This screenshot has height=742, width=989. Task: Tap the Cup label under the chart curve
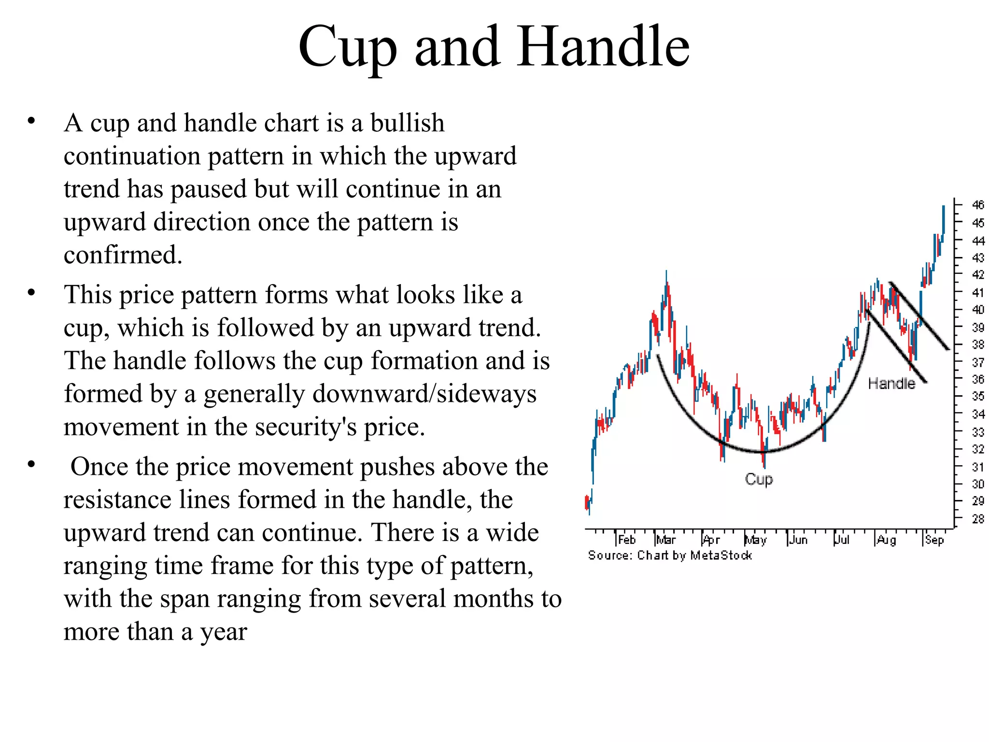pyautogui.click(x=759, y=479)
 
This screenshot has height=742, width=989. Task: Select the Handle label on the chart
pyautogui.click(x=891, y=384)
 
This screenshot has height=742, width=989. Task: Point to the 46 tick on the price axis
pyautogui.click(x=978, y=205)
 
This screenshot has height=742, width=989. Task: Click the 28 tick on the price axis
pyautogui.click(x=978, y=519)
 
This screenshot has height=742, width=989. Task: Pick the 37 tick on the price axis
pyautogui.click(x=978, y=362)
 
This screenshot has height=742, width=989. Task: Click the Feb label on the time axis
pyautogui.click(x=627, y=540)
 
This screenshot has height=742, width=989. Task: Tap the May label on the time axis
pyautogui.click(x=756, y=540)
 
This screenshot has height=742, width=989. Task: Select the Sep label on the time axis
pyautogui.click(x=934, y=540)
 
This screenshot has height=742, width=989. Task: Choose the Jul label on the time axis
pyautogui.click(x=842, y=540)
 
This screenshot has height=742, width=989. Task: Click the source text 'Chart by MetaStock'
pyautogui.click(x=694, y=556)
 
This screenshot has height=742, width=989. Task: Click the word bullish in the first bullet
pyautogui.click(x=407, y=123)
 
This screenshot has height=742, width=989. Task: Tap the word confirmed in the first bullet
pyautogui.click(x=123, y=255)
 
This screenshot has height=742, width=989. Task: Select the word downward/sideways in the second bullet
pyautogui.click(x=370, y=394)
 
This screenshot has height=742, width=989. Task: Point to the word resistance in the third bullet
pyautogui.click(x=117, y=499)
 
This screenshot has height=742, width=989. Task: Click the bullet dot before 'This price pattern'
pyautogui.click(x=31, y=292)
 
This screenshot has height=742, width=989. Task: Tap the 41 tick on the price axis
pyautogui.click(x=978, y=292)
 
